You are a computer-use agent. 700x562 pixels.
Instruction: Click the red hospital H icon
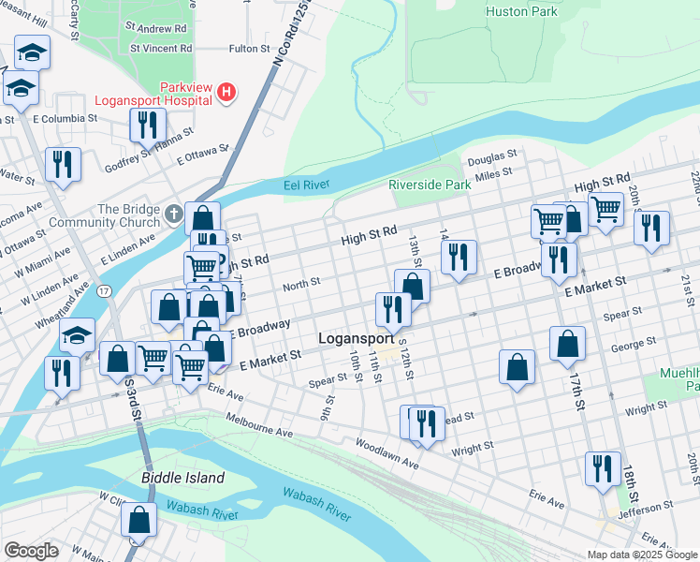226,92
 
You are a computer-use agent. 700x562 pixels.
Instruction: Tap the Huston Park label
521,11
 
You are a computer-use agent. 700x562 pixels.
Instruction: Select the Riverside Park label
430,185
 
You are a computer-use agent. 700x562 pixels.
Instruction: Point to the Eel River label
307,186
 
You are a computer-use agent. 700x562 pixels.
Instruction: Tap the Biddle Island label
182,478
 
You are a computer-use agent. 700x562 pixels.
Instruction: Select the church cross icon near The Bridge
172,215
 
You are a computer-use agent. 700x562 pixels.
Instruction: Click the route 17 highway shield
103,292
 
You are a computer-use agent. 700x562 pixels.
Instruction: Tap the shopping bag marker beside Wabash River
139,520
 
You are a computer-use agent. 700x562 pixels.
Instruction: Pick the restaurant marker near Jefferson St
602,467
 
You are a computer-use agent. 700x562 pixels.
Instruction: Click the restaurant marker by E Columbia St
147,124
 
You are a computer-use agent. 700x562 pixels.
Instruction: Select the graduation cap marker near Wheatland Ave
78,334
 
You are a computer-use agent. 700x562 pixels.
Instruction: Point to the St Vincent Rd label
161,47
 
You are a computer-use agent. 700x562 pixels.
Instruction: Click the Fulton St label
249,47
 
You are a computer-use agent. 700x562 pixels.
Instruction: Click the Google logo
30,551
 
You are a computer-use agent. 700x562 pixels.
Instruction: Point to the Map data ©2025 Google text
641,555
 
